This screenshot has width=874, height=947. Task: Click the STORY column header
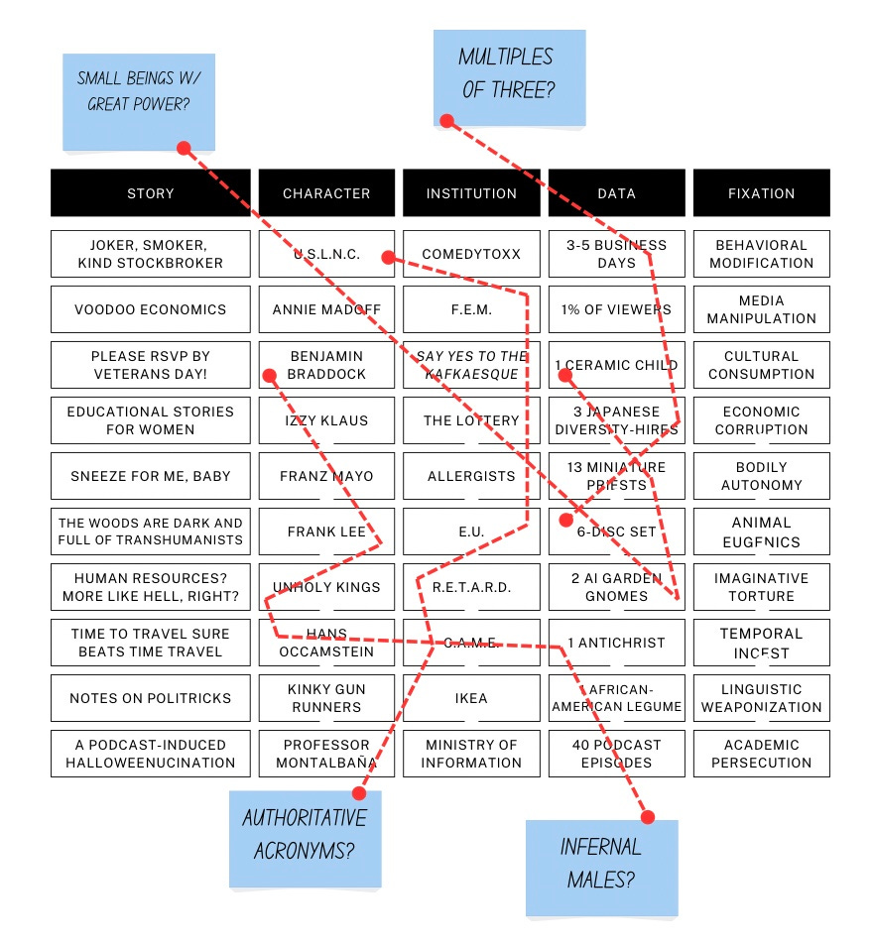click(x=151, y=193)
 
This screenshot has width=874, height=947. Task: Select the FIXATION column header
click(x=761, y=193)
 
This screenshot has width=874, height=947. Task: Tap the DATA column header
click(x=616, y=193)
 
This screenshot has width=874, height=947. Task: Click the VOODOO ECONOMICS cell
click(x=151, y=309)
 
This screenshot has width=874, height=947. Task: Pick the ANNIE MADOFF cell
click(x=326, y=309)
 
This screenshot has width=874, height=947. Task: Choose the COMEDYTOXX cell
click(x=471, y=254)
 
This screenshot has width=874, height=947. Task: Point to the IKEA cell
click(x=471, y=698)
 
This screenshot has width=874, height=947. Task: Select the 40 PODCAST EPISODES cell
click(x=616, y=754)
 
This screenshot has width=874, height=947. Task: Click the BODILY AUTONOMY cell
click(x=761, y=476)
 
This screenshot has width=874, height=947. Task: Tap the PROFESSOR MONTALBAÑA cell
click(x=326, y=754)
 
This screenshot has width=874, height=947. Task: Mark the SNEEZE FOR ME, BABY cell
click(x=151, y=476)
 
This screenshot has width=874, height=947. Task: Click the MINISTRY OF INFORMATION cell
click(x=471, y=754)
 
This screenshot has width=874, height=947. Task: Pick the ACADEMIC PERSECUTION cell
click(x=761, y=754)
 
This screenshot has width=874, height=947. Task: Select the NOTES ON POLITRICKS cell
click(x=151, y=698)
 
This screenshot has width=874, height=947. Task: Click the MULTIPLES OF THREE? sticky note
click(x=509, y=74)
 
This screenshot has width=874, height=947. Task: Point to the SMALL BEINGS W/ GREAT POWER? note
click(x=139, y=99)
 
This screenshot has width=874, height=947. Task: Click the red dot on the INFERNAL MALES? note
click(x=648, y=817)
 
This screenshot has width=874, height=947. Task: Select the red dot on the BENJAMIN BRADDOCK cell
click(x=268, y=376)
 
